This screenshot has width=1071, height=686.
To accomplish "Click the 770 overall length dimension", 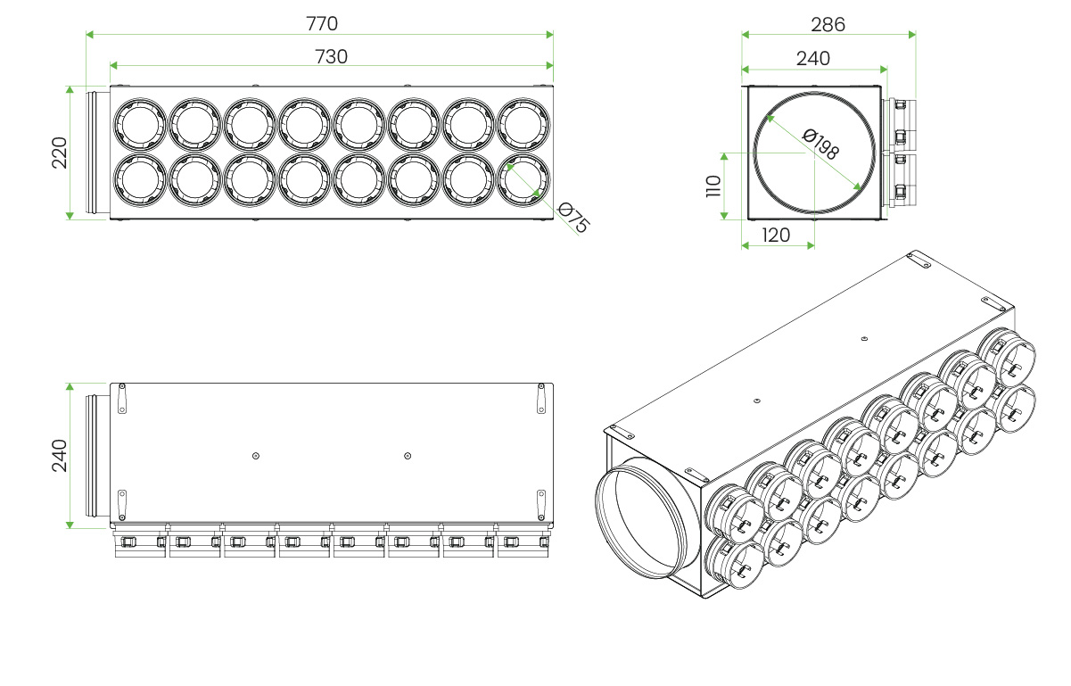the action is [322, 23].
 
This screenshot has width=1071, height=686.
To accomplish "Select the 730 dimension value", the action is [331, 57].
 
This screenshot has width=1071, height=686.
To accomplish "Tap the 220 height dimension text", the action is [59, 153].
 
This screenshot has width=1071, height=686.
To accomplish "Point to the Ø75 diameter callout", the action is [573, 218].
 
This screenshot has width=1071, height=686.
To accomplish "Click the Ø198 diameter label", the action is [820, 144].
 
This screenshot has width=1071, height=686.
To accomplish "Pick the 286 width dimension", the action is [828, 25].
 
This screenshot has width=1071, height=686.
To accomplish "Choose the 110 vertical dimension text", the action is [713, 186].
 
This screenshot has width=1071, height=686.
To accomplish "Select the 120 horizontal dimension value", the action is [776, 236].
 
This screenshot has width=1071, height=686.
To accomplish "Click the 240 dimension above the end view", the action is [812, 59].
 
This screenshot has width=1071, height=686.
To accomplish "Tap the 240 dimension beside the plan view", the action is [59, 456].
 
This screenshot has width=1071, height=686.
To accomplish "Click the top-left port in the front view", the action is [140, 125].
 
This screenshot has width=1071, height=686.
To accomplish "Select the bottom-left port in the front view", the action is [140, 180].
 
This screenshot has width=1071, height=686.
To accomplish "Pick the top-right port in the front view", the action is [523, 125].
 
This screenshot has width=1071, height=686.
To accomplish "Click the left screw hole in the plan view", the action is [256, 456].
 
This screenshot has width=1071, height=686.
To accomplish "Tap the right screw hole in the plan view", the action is [408, 456].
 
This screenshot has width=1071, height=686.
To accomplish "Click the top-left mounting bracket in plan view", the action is [122, 398].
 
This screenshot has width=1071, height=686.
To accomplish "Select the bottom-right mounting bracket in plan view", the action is [541, 505].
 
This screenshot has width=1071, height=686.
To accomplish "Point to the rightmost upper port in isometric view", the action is [1007, 357].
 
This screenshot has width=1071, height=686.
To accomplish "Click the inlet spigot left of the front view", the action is [97, 153].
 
